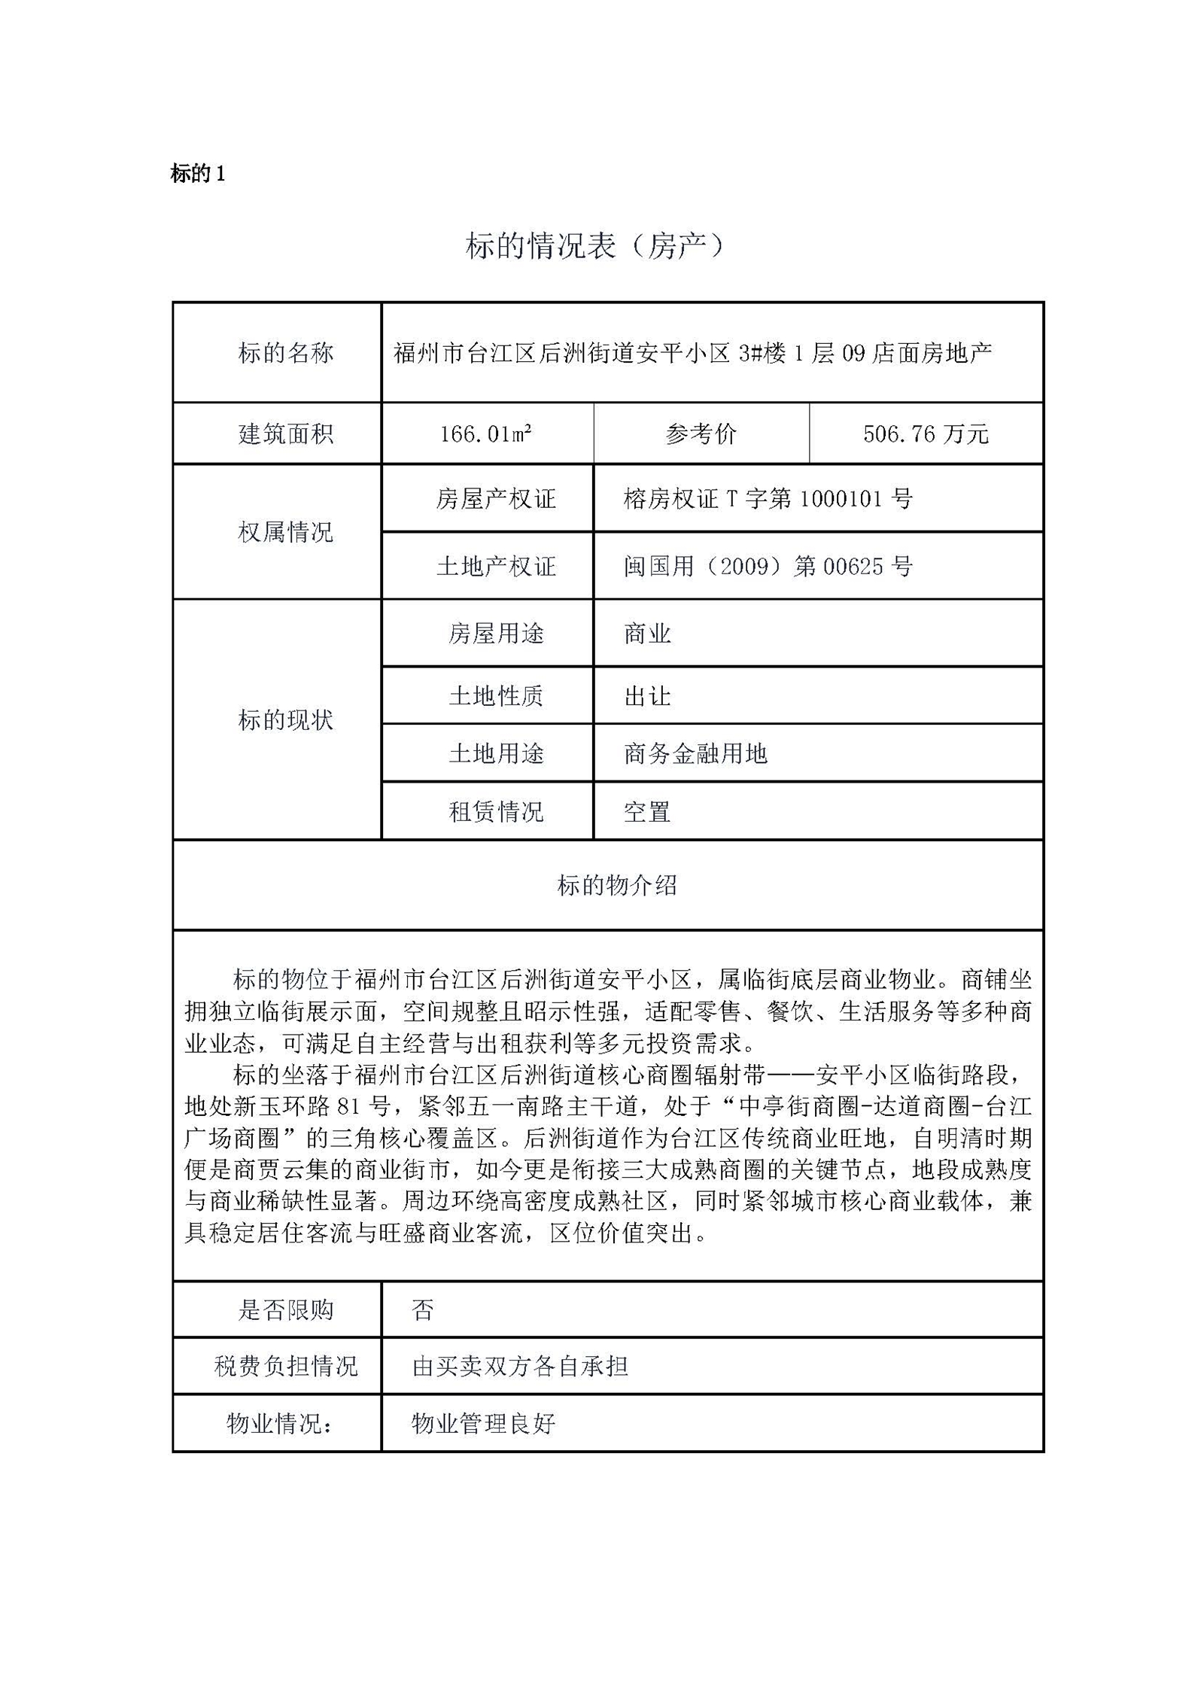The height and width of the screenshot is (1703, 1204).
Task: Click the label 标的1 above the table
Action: pyautogui.click(x=198, y=174)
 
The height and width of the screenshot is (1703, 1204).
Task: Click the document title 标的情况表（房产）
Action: pyautogui.click(x=594, y=245)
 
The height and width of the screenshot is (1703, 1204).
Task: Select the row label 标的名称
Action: pyautogui.click(x=285, y=352)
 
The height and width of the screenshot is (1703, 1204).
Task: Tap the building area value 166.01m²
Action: pyautogui.click(x=486, y=433)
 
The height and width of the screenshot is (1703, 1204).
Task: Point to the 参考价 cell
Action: pyautogui.click(x=701, y=433)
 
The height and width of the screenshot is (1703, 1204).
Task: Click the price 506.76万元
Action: pyautogui.click(x=925, y=433)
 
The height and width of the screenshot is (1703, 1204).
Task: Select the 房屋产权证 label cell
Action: pyautogui.click(x=495, y=498)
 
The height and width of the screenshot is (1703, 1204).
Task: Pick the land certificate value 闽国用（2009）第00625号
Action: pyautogui.click(x=768, y=566)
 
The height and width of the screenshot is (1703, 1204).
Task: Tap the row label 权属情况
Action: pyautogui.click(x=285, y=532)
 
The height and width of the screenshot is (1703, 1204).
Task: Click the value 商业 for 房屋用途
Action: pyautogui.click(x=647, y=634)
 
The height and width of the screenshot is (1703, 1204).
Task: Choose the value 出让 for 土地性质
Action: pyautogui.click(x=647, y=696)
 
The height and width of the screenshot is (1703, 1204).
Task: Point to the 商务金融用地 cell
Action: pyautogui.click(x=695, y=753)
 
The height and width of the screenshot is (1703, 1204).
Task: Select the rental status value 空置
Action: pyautogui.click(x=647, y=811)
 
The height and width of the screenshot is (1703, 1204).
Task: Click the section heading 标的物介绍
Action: pyautogui.click(x=616, y=885)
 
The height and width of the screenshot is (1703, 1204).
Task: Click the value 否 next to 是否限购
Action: pyautogui.click(x=423, y=1310)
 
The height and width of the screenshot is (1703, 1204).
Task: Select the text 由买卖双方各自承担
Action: pyautogui.click(x=520, y=1366)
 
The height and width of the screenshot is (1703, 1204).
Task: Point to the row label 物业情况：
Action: pyautogui.click(x=279, y=1423)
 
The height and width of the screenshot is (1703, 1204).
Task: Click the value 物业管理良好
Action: pyautogui.click(x=483, y=1423)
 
